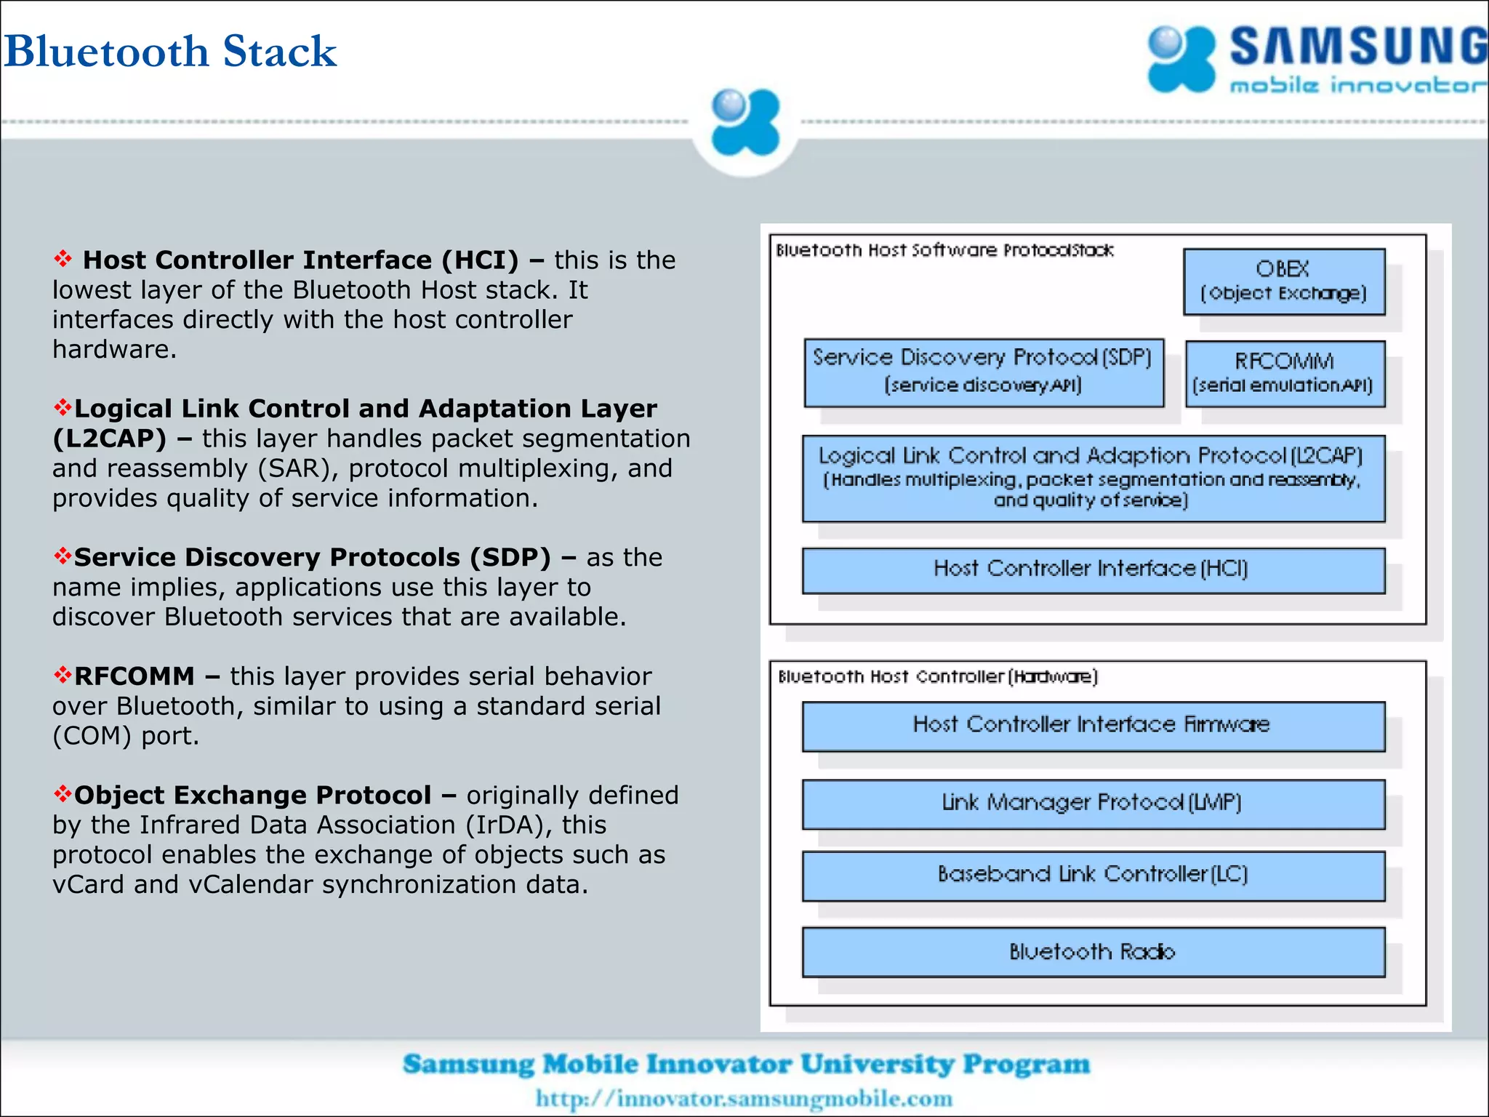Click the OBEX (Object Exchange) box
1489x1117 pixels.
click(1283, 281)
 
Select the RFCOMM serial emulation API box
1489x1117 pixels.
click(1284, 373)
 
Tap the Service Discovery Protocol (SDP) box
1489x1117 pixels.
click(983, 372)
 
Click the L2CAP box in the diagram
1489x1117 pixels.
click(1093, 478)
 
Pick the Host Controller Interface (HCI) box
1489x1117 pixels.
click(1093, 569)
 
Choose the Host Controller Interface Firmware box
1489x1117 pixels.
click(1093, 725)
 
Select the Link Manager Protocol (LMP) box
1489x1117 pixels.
click(1093, 803)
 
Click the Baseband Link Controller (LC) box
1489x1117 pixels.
click(1093, 875)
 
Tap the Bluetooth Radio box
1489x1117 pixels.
click(1093, 951)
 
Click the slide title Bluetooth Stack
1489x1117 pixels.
click(170, 51)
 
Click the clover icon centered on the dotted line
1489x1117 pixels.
click(745, 122)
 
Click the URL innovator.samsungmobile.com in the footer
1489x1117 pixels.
click(744, 1098)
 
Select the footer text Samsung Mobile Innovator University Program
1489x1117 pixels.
click(746, 1064)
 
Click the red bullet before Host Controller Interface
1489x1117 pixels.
click(63, 259)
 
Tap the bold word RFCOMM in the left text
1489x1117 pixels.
click(135, 676)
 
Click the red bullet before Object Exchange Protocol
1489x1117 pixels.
click(63, 793)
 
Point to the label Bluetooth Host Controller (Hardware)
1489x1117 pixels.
click(937, 677)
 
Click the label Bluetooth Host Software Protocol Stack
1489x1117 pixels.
click(944, 250)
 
